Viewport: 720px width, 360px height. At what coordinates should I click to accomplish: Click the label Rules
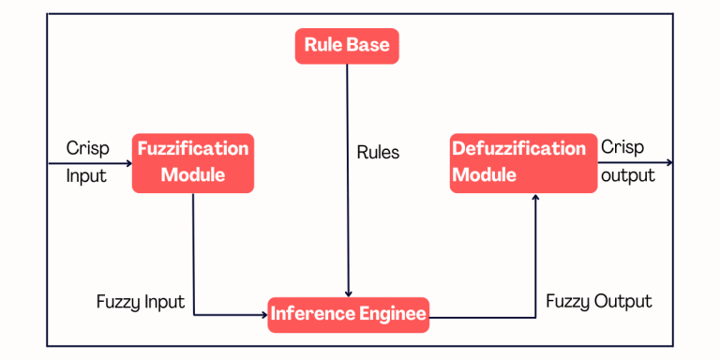pos(378,152)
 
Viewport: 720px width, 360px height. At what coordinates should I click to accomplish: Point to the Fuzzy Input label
pos(141,302)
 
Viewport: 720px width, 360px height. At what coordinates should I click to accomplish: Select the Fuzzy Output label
pos(598,301)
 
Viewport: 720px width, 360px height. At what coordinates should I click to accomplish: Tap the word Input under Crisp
pos(86,175)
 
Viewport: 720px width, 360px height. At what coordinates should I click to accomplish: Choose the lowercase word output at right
pos(628,175)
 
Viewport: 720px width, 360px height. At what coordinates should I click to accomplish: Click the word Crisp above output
pos(622,148)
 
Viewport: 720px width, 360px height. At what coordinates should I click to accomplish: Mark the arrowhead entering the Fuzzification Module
pos(128,163)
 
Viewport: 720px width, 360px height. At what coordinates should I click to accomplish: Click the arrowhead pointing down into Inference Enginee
pos(348,293)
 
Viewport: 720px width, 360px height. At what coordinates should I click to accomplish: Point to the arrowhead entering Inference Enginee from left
pos(263,315)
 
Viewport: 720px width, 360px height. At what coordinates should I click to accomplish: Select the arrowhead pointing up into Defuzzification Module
pos(535,198)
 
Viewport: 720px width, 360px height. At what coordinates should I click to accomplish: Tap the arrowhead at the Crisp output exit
pos(669,163)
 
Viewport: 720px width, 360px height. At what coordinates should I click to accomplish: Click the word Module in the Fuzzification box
pos(192,175)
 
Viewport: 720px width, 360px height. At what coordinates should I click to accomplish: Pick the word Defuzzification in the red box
pos(518,148)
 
